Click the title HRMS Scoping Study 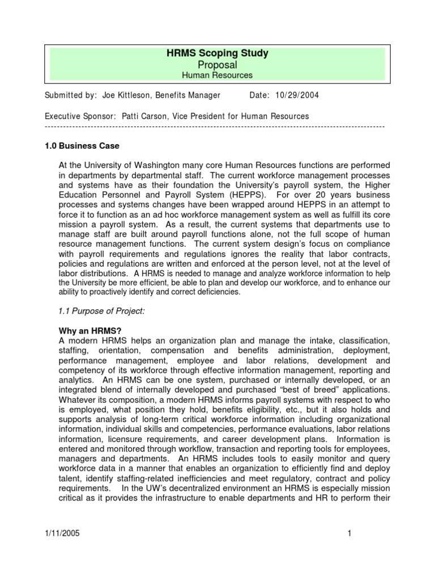(217, 53)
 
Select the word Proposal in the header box (217, 65)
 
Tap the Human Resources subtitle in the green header (217, 75)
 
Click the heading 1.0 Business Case (82, 146)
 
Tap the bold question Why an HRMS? (90, 330)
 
